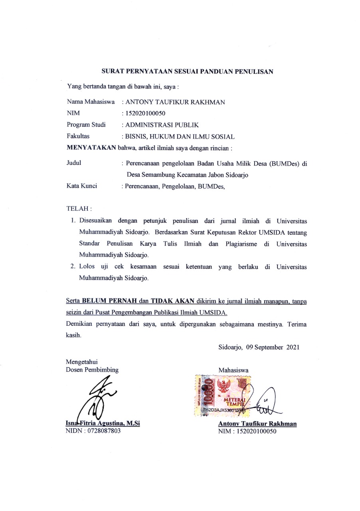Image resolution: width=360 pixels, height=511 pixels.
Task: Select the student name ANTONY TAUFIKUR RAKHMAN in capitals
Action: (175, 102)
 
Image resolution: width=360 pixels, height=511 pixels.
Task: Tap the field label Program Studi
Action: (86, 125)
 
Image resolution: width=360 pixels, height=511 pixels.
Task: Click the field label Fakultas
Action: (78, 137)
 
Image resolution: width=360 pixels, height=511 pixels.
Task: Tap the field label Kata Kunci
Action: (82, 186)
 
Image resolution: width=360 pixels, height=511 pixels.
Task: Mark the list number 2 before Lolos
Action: (73, 267)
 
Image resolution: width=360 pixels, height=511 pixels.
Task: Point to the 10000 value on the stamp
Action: (210, 393)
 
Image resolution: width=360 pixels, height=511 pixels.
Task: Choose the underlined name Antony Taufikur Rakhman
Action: (257, 424)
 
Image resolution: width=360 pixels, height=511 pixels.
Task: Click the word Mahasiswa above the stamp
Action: (233, 370)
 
